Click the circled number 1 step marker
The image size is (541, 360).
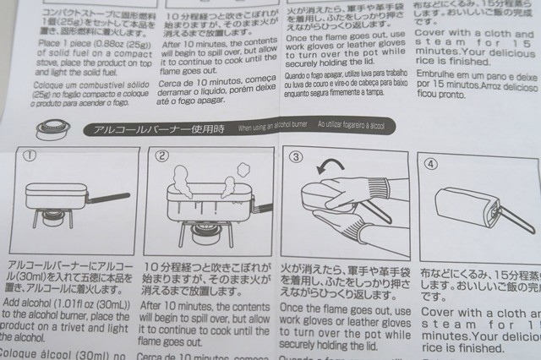(30, 156)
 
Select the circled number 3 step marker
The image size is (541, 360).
(296, 156)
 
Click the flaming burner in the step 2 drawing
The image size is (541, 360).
(202, 231)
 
